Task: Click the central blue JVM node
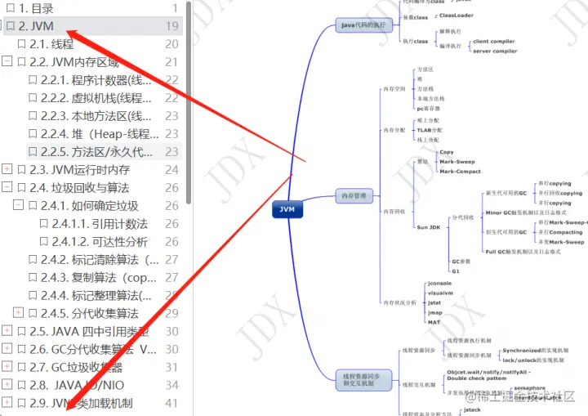286,209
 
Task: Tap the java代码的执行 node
363,25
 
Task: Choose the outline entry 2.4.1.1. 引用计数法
100,223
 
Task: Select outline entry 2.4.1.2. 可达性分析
100,241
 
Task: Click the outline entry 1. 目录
36,8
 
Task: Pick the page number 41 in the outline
171,403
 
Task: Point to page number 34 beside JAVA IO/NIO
171,385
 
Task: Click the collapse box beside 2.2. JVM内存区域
7,62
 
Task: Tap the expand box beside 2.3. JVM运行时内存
7,169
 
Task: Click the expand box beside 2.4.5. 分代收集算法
19,313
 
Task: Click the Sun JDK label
428,226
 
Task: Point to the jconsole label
440,283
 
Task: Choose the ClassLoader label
456,16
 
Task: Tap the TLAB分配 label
430,130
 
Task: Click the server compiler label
494,51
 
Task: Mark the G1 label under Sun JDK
456,270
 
